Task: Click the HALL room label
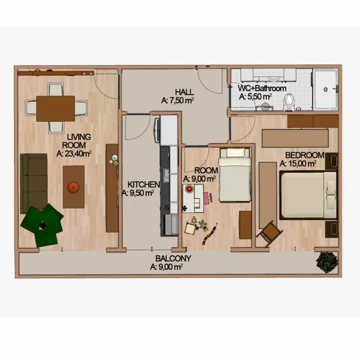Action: pos(184,92)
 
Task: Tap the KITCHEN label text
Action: pos(144,184)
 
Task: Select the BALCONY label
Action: pos(173,258)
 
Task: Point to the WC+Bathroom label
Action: pos(262,88)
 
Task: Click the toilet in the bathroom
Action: pos(288,102)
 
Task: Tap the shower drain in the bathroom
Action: pos(325,90)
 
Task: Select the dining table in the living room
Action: pos(55,108)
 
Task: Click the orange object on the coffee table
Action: pos(73,187)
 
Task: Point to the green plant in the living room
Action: pos(42,224)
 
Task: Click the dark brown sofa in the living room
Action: pos(34,183)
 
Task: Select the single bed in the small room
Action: pos(234,175)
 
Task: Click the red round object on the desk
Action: pos(189,189)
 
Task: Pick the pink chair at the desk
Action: pos(208,198)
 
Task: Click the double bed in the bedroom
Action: pos(308,195)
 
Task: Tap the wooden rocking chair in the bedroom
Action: pos(270,232)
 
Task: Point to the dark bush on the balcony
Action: pos(327,262)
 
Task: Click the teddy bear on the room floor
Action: pos(203,225)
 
